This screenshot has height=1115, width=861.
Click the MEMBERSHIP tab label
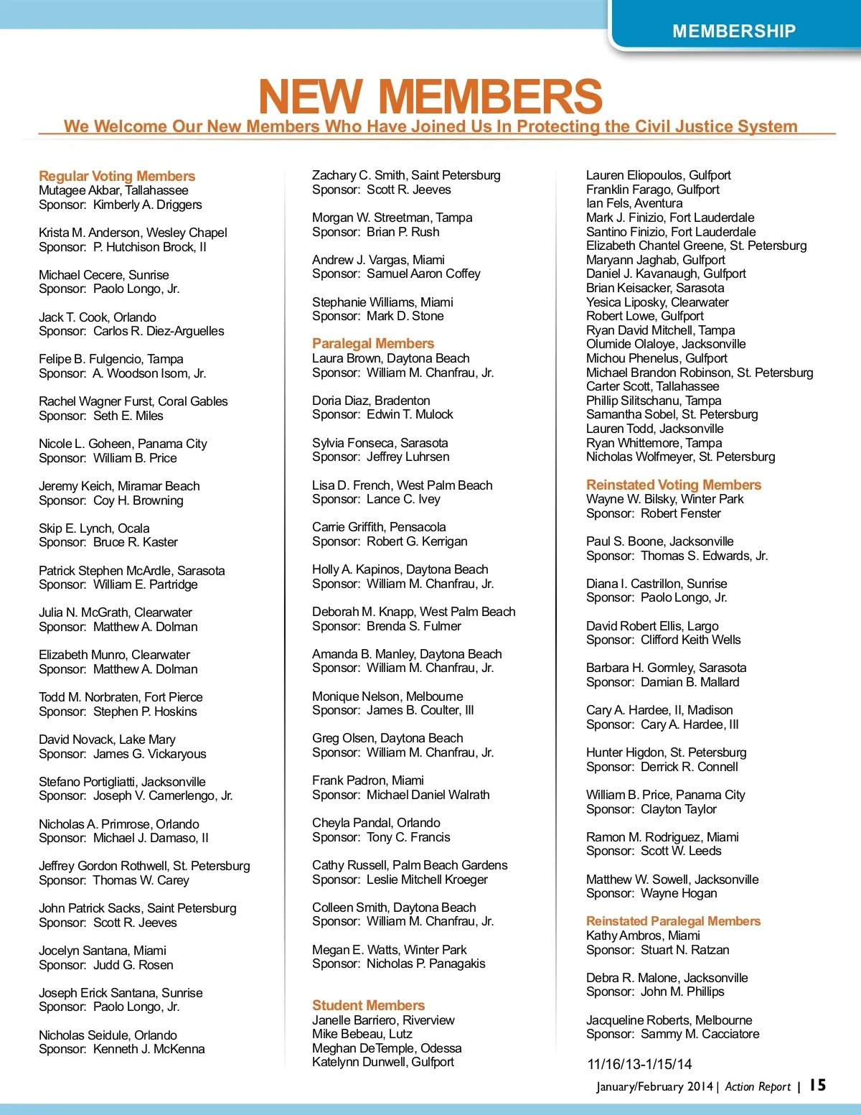(x=734, y=31)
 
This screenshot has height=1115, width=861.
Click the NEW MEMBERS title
(x=430, y=96)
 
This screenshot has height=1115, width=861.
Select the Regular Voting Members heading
(x=117, y=176)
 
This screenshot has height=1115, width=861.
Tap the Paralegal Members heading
(x=373, y=343)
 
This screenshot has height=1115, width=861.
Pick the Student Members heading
(x=368, y=1005)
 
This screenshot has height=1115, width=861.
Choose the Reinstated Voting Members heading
(x=673, y=485)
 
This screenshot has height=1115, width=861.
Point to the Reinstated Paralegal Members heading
(x=673, y=921)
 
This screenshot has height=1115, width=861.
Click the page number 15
(x=818, y=1085)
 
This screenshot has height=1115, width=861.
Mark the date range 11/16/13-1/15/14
(x=639, y=1064)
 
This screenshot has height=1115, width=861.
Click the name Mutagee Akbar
(x=80, y=190)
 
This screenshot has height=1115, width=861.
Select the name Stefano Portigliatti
(x=87, y=782)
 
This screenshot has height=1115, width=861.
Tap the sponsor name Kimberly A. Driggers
(x=147, y=205)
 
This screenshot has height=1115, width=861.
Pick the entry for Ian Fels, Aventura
(x=634, y=203)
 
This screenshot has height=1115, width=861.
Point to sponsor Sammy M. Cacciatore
(x=700, y=1034)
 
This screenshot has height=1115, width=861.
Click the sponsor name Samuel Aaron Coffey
(x=423, y=274)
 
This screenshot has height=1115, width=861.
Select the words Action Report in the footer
(x=758, y=1086)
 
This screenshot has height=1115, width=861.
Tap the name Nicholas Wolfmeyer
(x=645, y=457)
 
